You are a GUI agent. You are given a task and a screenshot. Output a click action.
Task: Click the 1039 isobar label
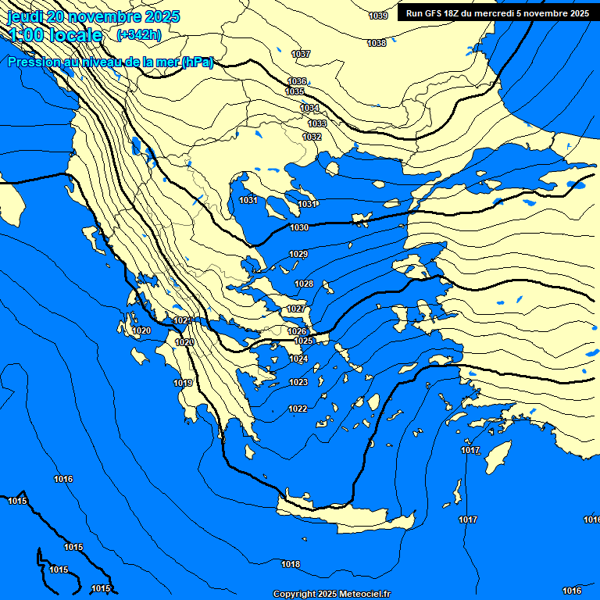point(378,16)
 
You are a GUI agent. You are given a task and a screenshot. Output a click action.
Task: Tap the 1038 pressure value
point(377,43)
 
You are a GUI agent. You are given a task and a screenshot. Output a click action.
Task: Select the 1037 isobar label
point(301,54)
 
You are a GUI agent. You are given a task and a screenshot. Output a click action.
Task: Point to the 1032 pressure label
point(312,137)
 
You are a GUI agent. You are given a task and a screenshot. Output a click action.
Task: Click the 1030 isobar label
point(299,227)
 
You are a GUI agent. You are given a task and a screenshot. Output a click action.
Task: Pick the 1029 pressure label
point(298,255)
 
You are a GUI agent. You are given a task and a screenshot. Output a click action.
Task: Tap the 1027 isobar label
point(296,309)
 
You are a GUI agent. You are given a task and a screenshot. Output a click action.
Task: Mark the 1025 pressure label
point(304,341)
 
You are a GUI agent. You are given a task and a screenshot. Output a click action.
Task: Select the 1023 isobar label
point(298,382)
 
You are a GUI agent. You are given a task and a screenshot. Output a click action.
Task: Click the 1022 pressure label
point(298,409)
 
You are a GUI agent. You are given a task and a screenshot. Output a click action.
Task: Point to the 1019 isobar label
point(183,383)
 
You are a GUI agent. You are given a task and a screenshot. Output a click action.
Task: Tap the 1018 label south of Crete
point(291,564)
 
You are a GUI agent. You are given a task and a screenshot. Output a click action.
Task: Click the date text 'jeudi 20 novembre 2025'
point(94,16)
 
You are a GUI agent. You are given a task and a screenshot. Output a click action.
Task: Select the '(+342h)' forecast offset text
point(138,34)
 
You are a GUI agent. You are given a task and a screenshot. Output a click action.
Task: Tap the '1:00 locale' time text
point(56,35)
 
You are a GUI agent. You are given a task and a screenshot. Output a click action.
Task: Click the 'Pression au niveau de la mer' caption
point(110,62)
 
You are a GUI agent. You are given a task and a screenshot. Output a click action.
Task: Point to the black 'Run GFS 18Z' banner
point(498,12)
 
